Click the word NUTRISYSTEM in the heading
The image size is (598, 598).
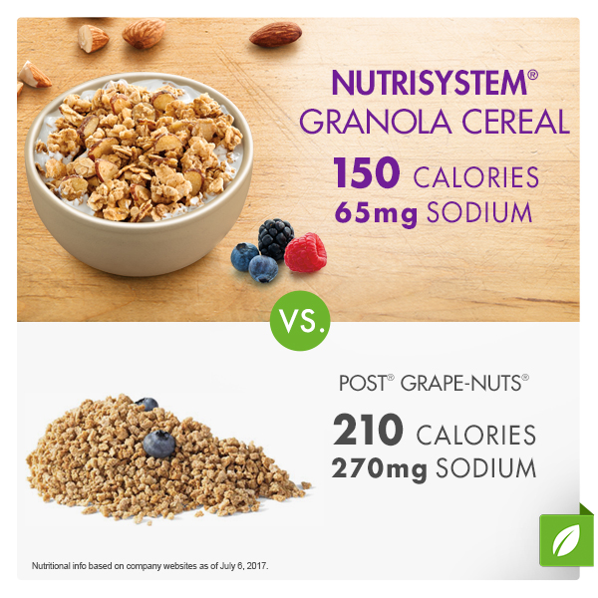[430, 83]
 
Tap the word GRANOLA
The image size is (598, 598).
[376, 122]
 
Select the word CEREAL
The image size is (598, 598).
[515, 122]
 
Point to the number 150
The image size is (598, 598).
[367, 172]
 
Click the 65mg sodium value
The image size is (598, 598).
[376, 213]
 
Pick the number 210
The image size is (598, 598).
[368, 430]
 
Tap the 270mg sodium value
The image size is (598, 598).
[379, 468]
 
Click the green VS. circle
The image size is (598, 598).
[300, 321]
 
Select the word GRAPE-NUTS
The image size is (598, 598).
[460, 383]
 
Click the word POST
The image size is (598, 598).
[363, 383]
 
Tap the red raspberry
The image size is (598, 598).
[306, 252]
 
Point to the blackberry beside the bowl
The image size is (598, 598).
[275, 238]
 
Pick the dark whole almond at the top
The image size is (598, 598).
[276, 34]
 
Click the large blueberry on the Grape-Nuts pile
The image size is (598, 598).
[159, 444]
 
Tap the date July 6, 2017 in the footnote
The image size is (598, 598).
[244, 566]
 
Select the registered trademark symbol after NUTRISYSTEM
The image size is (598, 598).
[533, 75]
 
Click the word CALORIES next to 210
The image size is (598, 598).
[476, 436]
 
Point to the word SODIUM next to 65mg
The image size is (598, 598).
[479, 212]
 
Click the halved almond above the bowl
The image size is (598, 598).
[93, 38]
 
